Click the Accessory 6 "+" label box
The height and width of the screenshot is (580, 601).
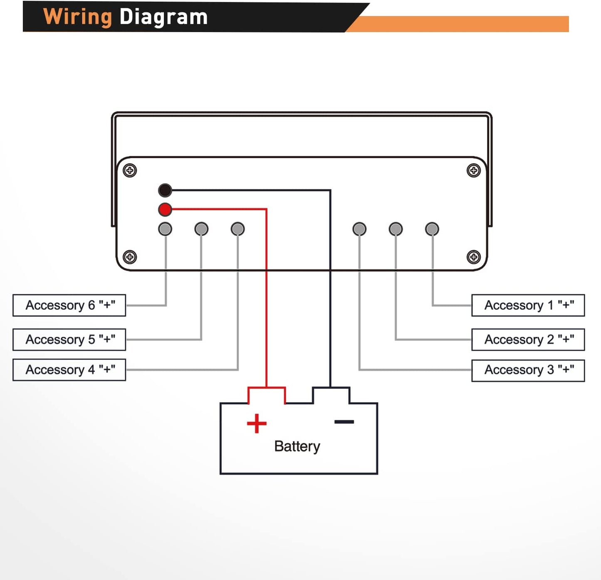point(69,305)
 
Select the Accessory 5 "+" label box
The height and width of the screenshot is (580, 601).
point(69,339)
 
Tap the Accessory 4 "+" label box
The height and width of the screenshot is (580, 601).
point(69,370)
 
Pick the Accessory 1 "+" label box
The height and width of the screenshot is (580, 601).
point(528,305)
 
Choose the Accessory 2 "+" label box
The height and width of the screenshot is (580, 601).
point(528,339)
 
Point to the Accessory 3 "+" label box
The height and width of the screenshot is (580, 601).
point(528,370)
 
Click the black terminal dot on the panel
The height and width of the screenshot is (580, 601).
point(165,190)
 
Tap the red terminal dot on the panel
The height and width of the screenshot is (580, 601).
point(165,209)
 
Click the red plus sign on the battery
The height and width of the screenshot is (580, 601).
point(257,423)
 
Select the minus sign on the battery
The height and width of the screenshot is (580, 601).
point(344,422)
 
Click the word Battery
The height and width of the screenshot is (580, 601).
point(297,446)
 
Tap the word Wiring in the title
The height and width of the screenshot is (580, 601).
point(78,17)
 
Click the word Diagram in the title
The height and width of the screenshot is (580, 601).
point(163,17)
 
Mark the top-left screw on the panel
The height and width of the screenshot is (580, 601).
point(130,170)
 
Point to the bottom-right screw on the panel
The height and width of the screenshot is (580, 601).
point(474,257)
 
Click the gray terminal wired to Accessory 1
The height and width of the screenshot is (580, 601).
point(432,229)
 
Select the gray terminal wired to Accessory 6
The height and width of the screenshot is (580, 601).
point(165,229)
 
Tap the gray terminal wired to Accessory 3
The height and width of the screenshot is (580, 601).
point(359,229)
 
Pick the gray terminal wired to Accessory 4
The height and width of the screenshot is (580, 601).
point(237,229)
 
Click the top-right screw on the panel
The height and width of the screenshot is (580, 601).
point(474,170)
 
